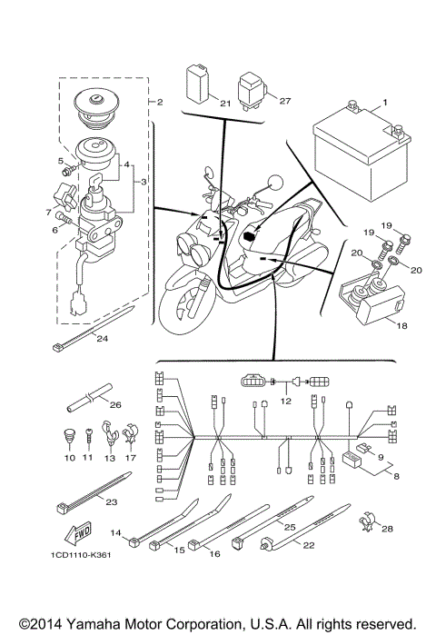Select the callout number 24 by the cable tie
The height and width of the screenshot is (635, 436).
pos(102,339)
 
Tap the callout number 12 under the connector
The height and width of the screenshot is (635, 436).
pos(287,399)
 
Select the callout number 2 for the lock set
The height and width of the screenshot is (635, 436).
pos(159,103)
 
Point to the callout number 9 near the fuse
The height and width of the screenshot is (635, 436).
pos(381,457)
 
